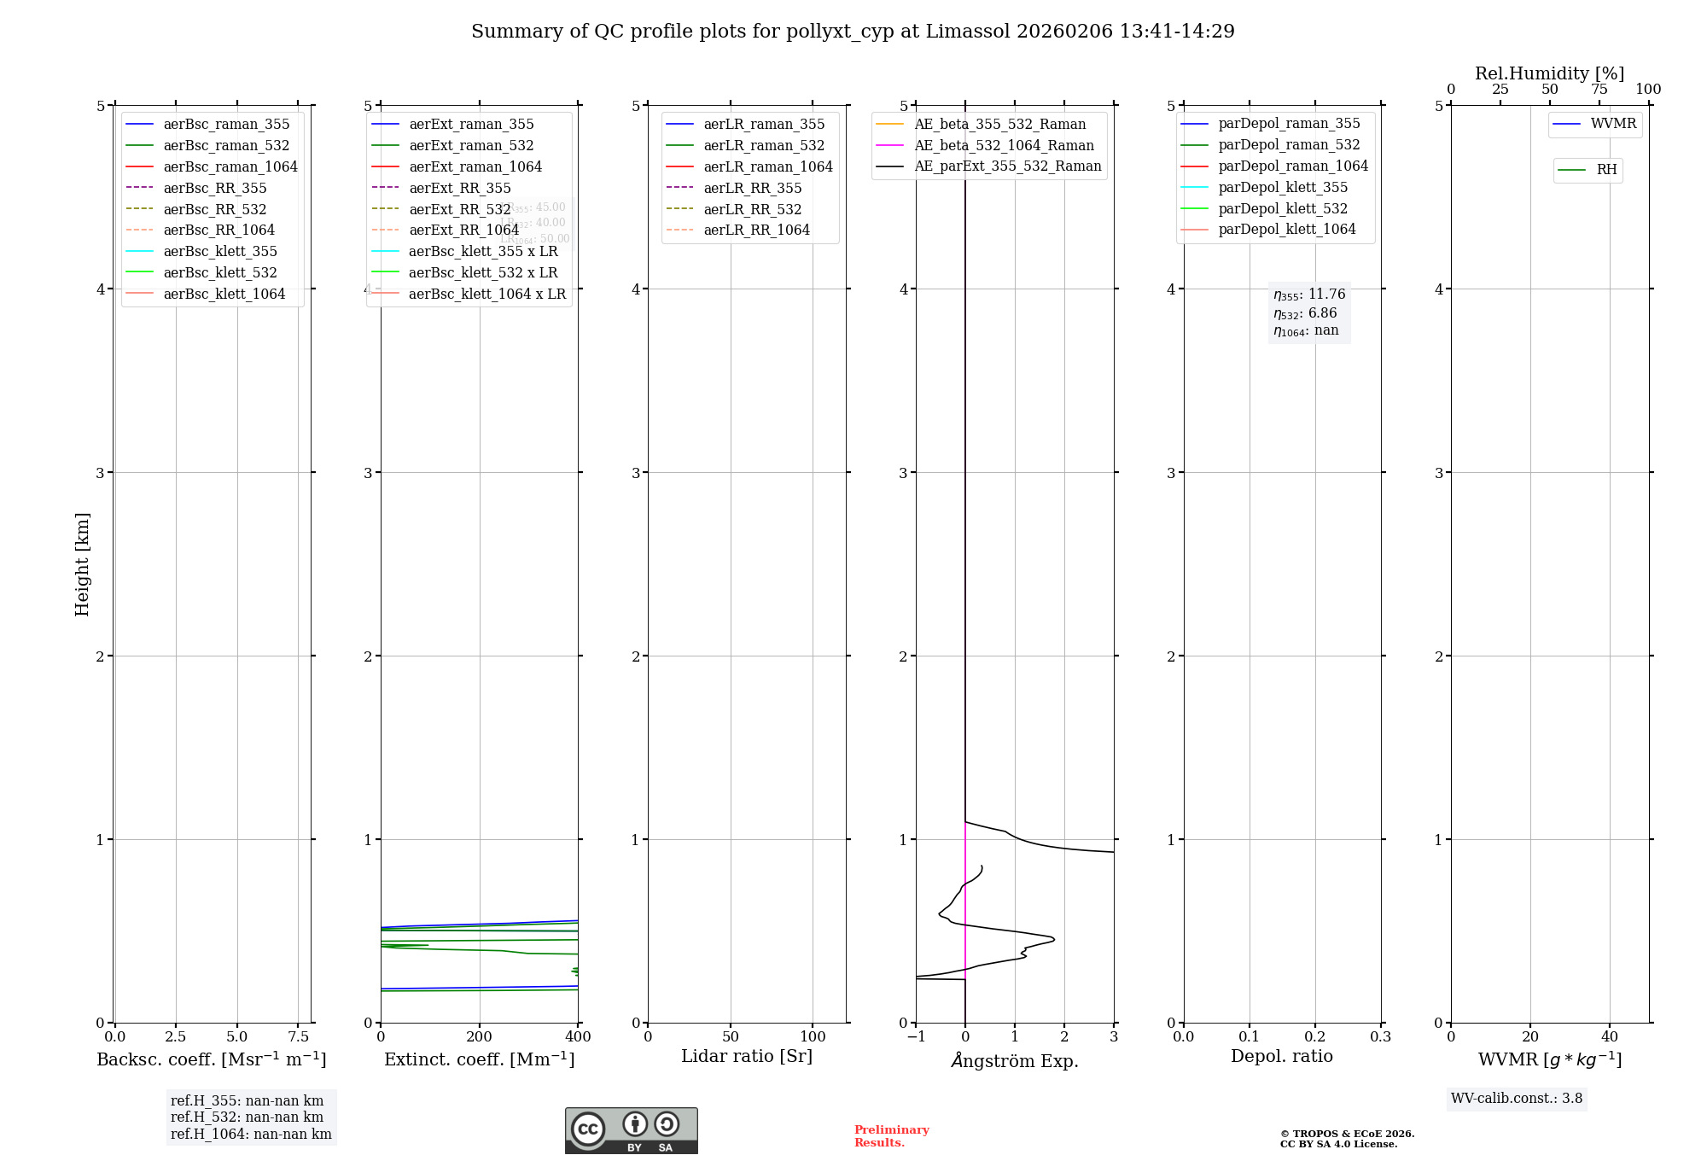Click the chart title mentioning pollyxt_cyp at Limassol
click(x=853, y=32)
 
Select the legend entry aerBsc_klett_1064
click(x=224, y=294)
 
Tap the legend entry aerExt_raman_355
click(x=471, y=124)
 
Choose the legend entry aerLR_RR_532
click(x=752, y=209)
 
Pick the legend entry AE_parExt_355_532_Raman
click(x=1007, y=166)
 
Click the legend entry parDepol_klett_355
click(x=1283, y=187)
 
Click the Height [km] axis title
click(x=82, y=563)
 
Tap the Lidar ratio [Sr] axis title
click(x=747, y=1056)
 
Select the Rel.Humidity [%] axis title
click(x=1549, y=73)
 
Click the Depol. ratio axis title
click(x=1281, y=1056)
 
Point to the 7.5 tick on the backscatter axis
click(x=298, y=1036)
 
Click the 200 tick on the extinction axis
click(x=480, y=1036)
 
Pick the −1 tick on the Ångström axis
click(x=916, y=1036)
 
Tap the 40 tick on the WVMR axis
click(x=1609, y=1036)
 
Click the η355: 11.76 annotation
click(x=1309, y=295)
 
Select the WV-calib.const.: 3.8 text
click(x=1516, y=1098)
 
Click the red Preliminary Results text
click(x=891, y=1135)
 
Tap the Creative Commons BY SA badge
click(x=631, y=1130)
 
